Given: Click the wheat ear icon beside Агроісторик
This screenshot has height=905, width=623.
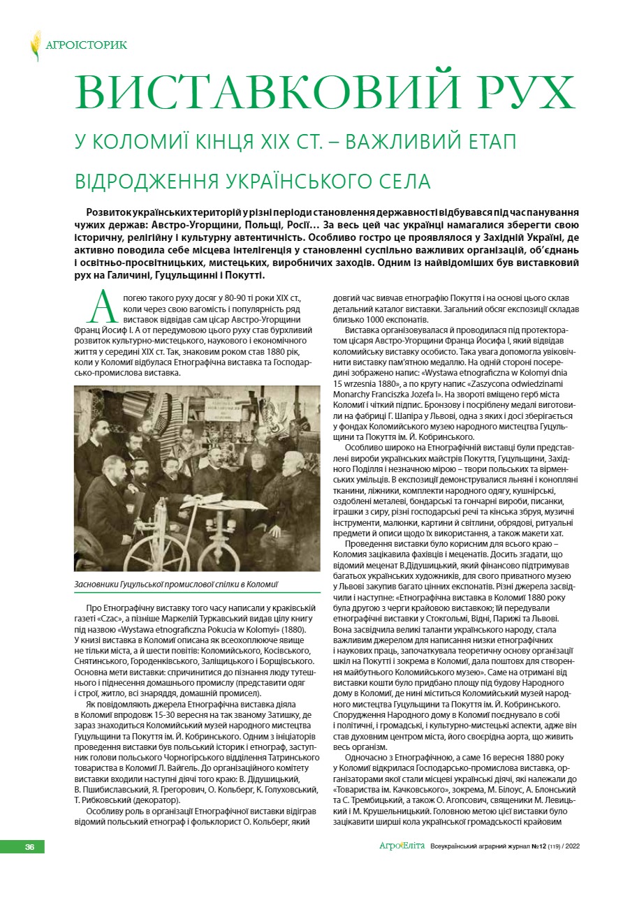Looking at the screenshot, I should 35,45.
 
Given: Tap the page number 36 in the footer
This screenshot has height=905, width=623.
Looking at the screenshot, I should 29,847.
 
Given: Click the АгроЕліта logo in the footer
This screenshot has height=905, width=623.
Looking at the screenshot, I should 402,846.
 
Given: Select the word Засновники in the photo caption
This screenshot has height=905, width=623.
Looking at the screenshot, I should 100,582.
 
